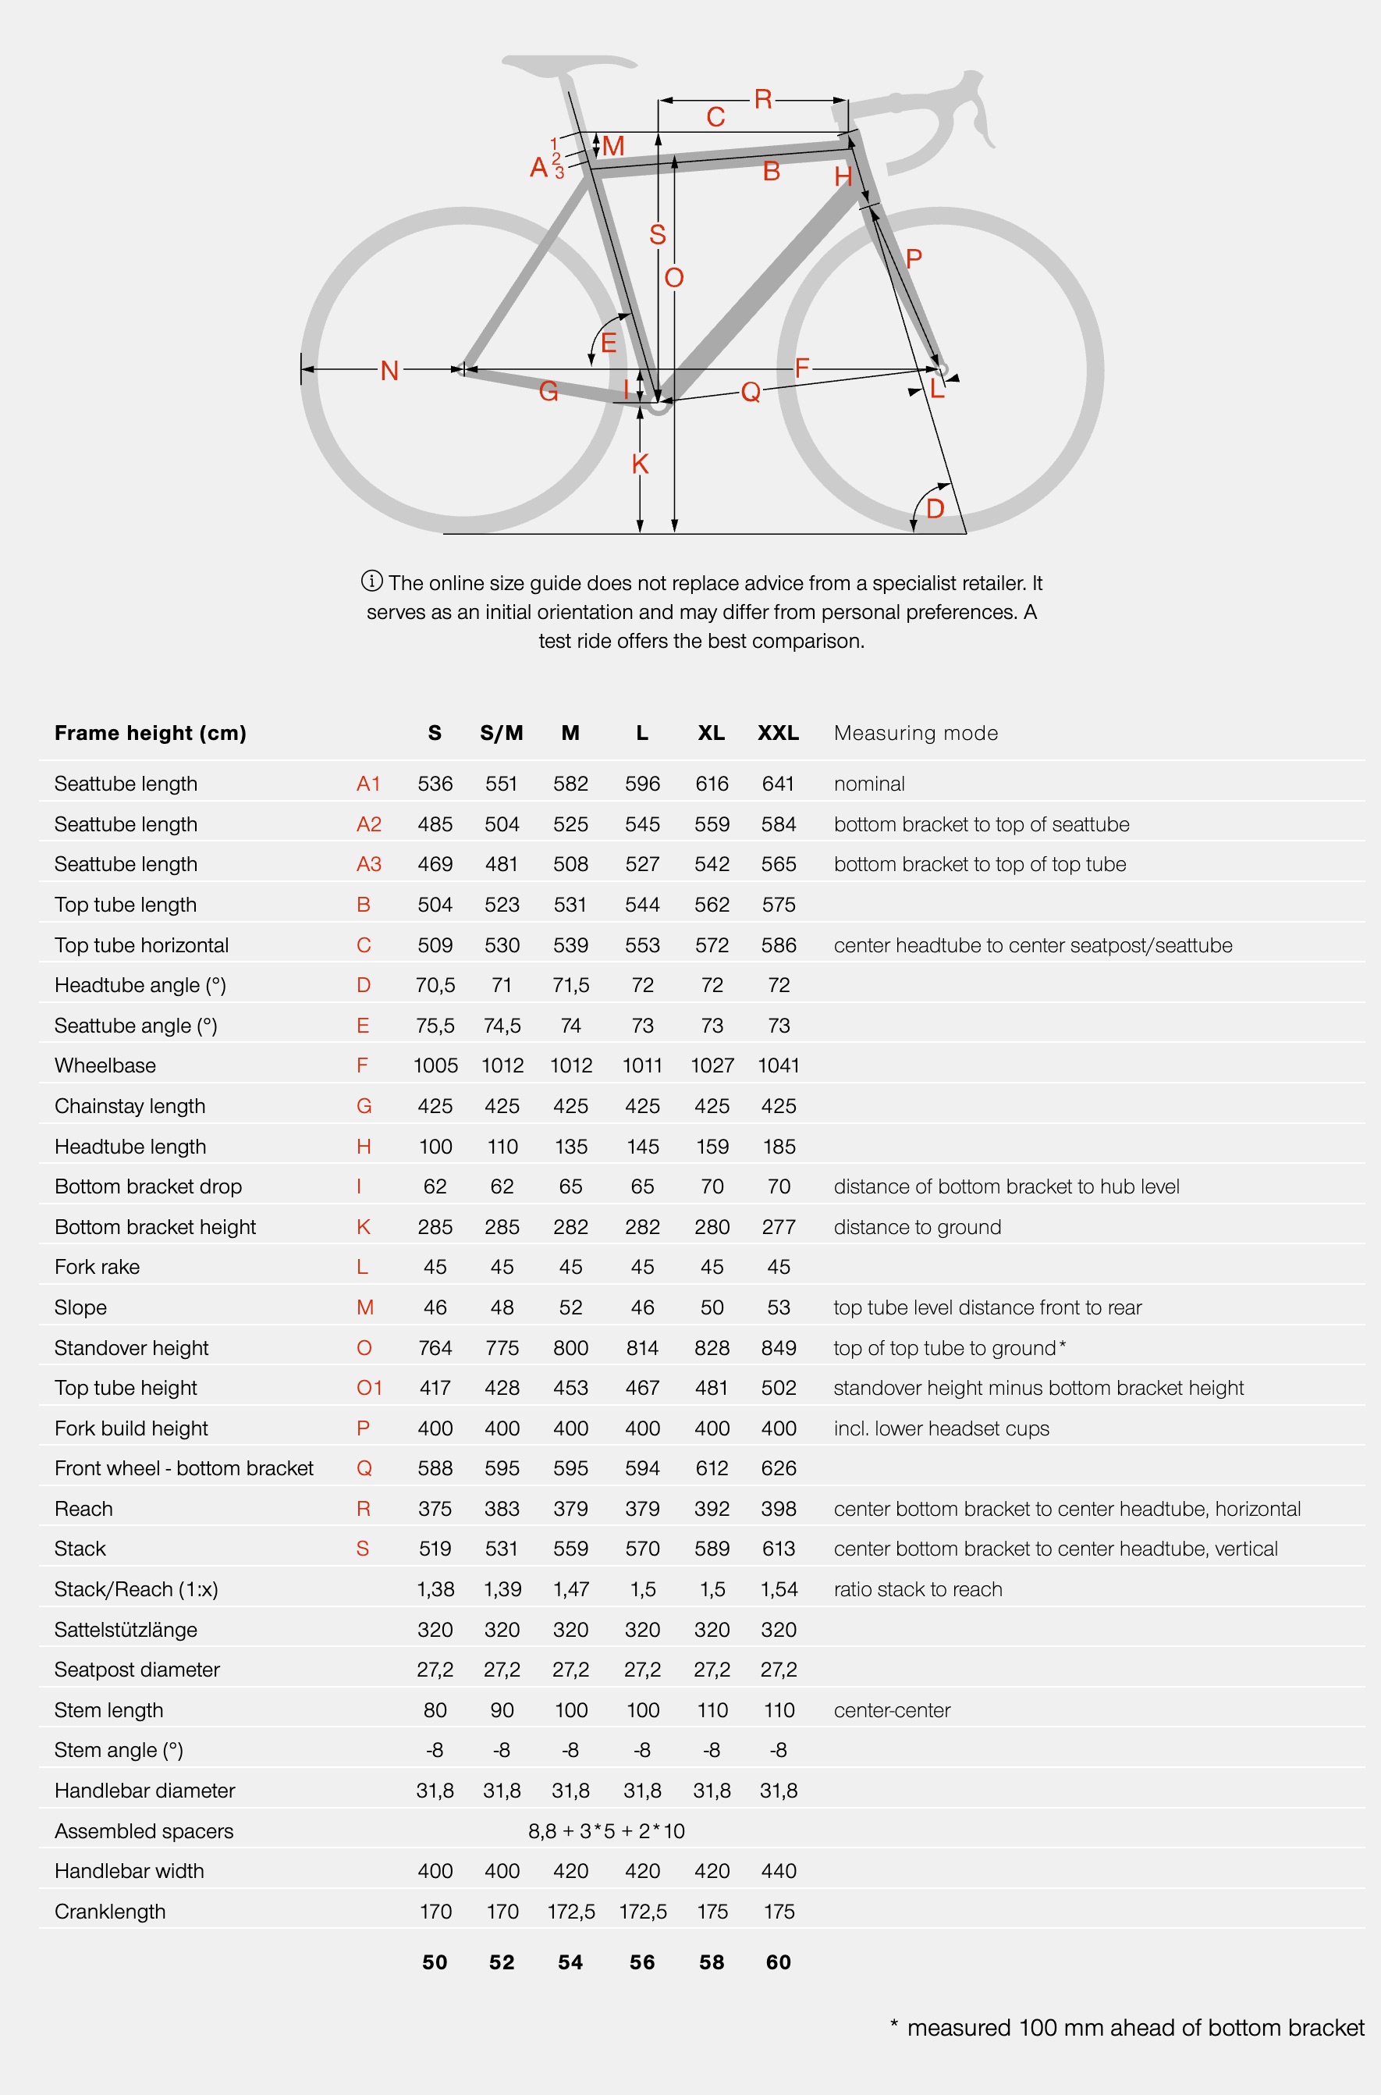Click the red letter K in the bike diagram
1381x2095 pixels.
(x=641, y=464)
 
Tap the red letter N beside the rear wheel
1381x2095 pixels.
(x=389, y=371)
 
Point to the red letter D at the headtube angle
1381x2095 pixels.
(x=935, y=508)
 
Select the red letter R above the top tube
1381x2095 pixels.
(x=763, y=98)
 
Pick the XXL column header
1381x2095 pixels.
(x=779, y=733)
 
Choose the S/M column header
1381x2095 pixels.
(x=501, y=733)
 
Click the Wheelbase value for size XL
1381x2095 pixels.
(x=712, y=1065)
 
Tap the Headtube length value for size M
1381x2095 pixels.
(x=570, y=1146)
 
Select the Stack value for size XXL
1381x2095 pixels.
(x=779, y=1549)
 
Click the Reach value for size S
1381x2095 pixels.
(x=435, y=1508)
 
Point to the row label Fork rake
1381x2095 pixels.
(x=97, y=1267)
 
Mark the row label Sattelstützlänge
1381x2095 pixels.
(x=126, y=1630)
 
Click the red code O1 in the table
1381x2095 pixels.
(x=369, y=1388)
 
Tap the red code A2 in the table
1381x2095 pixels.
(x=368, y=823)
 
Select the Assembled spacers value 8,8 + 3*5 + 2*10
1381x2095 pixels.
(x=606, y=1830)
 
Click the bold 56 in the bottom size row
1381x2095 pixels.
(x=642, y=1962)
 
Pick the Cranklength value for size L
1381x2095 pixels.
(x=642, y=1912)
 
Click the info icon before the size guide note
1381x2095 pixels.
(x=371, y=582)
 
